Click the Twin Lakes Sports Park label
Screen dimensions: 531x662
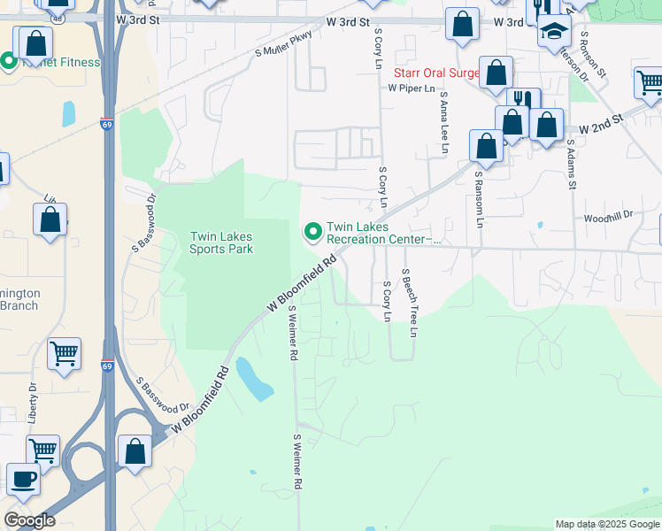(221, 242)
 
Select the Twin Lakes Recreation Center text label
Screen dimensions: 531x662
(382, 233)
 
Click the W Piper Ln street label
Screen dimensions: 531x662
(412, 88)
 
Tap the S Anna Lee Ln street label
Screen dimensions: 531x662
(443, 123)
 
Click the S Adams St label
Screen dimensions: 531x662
(572, 163)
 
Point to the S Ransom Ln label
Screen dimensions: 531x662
(477, 199)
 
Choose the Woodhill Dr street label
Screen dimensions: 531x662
(608, 216)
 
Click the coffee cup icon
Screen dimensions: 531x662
(23, 480)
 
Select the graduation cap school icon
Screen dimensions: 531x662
(554, 32)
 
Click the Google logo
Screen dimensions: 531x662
(29, 520)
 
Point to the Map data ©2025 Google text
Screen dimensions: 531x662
(607, 524)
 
